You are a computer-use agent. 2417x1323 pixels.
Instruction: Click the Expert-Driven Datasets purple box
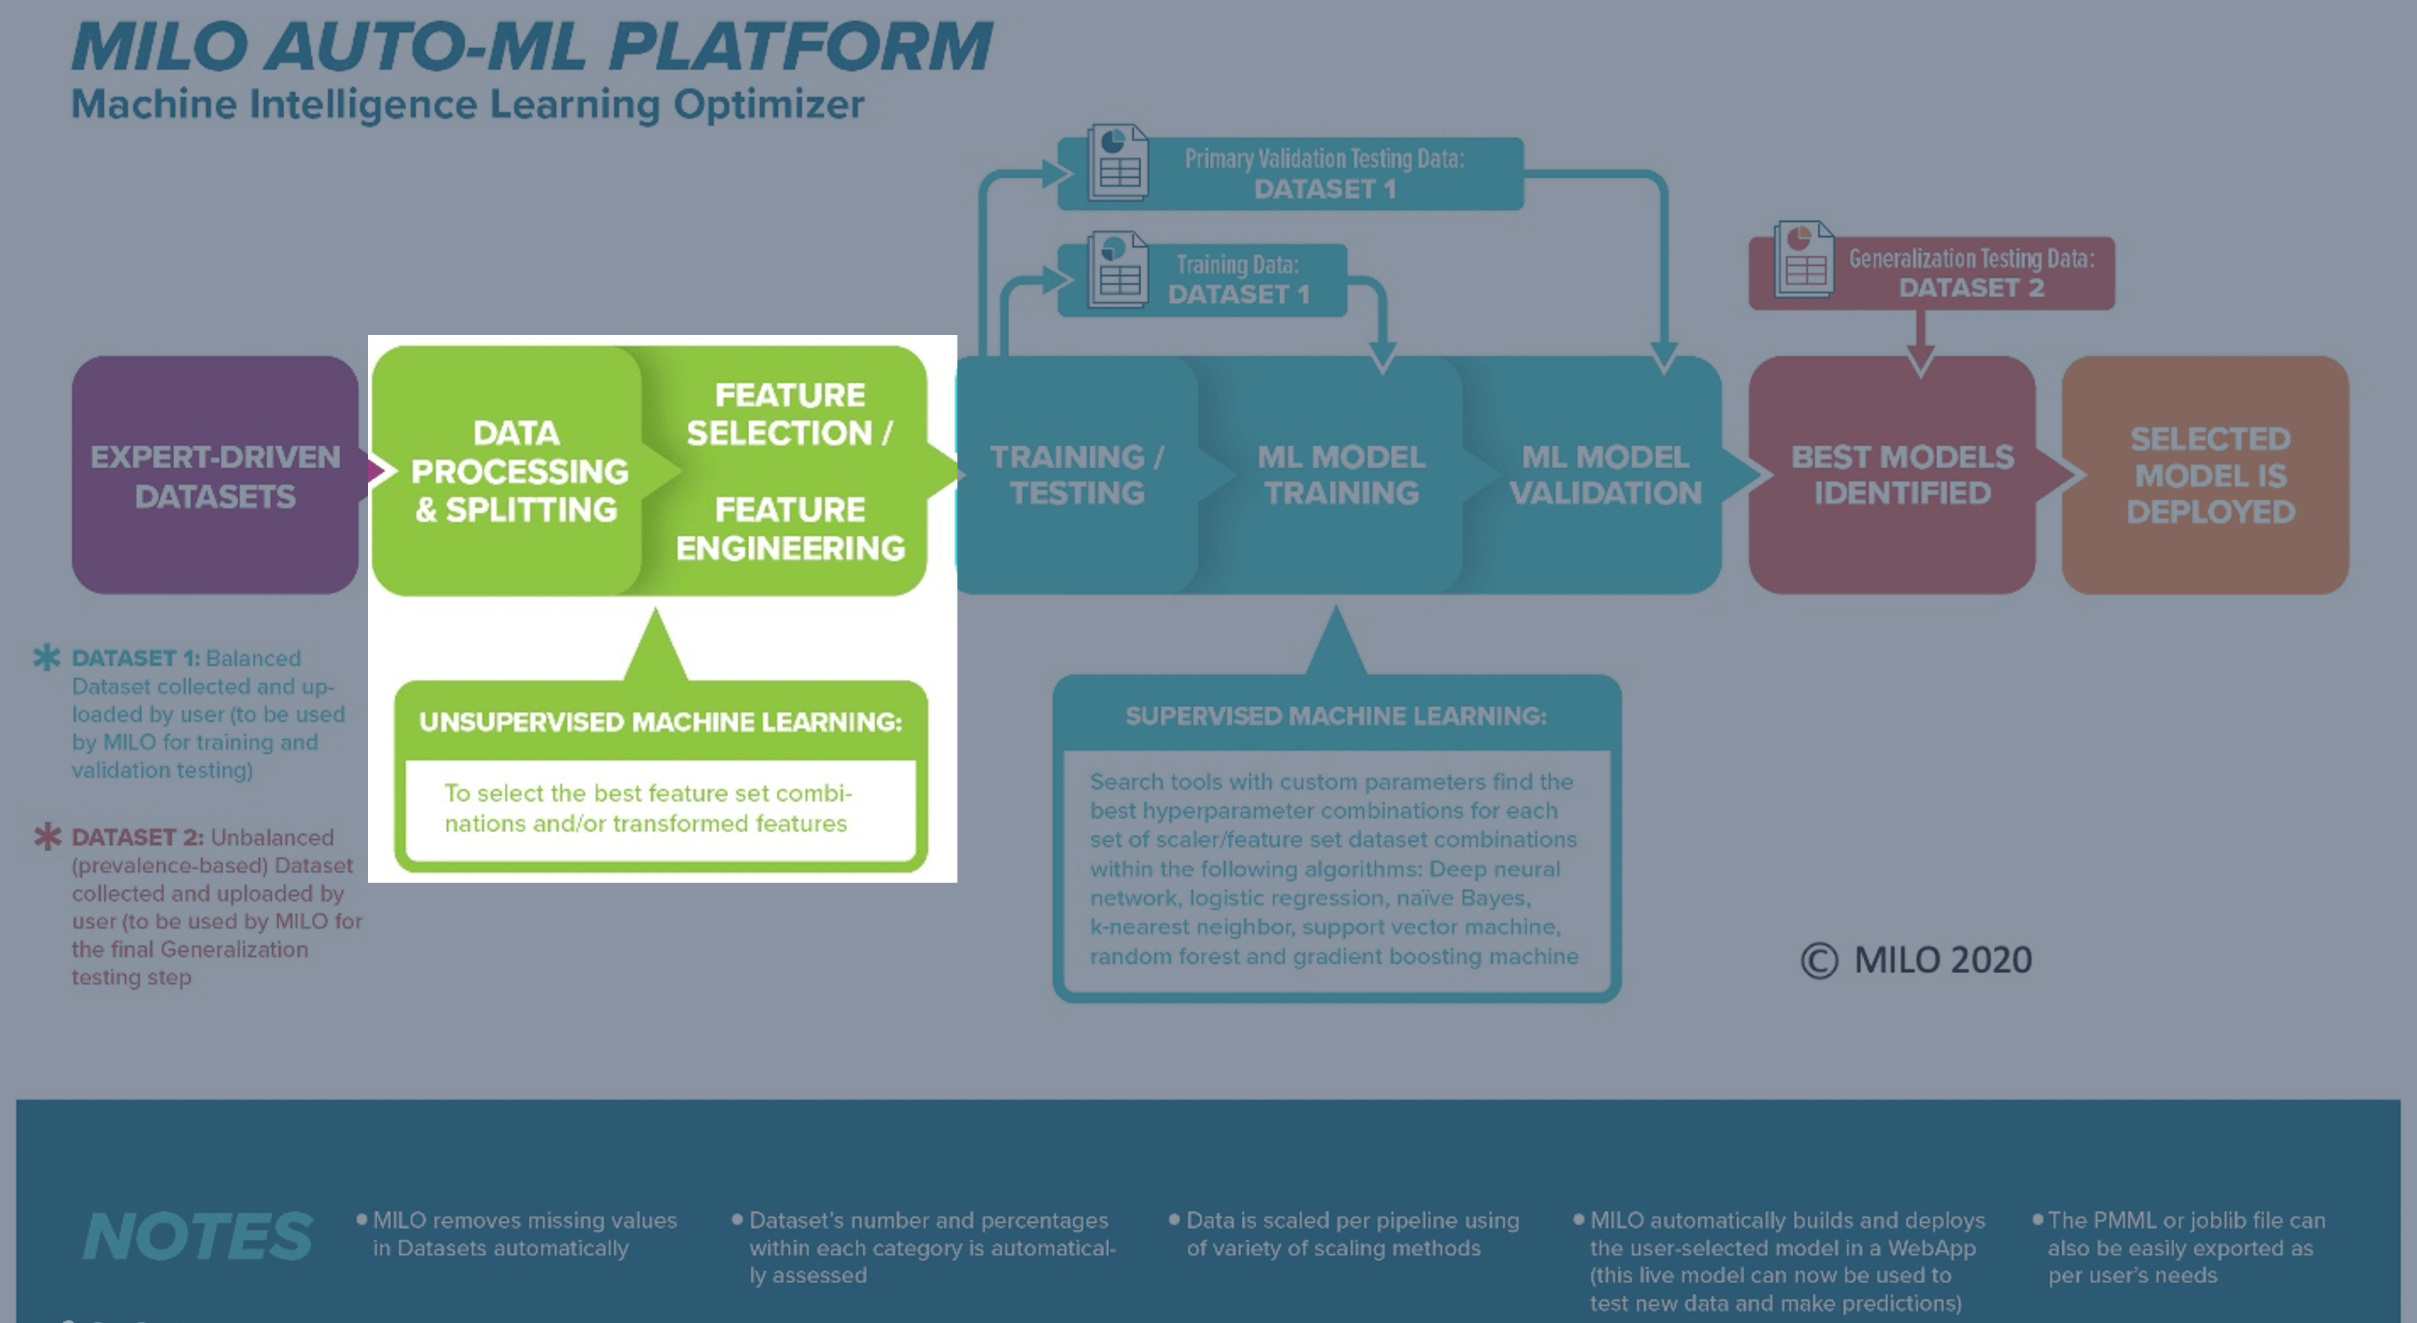[x=215, y=475]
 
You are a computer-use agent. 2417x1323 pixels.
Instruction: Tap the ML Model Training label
[x=1341, y=475]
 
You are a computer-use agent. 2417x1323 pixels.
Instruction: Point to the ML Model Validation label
[x=1605, y=475]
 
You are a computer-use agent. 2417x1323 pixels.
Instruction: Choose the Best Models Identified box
[x=1892, y=475]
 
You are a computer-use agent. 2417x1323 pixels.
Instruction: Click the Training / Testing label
[x=1077, y=475]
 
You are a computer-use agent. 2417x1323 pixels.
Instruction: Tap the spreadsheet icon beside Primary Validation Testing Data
[x=1117, y=163]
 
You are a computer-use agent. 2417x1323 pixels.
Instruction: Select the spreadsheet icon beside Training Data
[x=1117, y=269]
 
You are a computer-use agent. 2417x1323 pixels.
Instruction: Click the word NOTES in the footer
[x=197, y=1236]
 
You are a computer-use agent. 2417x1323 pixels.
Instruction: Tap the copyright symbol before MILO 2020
[x=1820, y=961]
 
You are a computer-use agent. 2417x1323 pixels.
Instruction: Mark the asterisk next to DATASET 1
[x=47, y=657]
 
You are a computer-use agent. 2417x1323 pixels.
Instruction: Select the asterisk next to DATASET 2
[x=47, y=835]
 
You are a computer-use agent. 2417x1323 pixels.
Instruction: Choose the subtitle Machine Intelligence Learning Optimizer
[x=467, y=104]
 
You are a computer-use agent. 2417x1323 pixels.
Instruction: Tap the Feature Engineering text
[x=790, y=528]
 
